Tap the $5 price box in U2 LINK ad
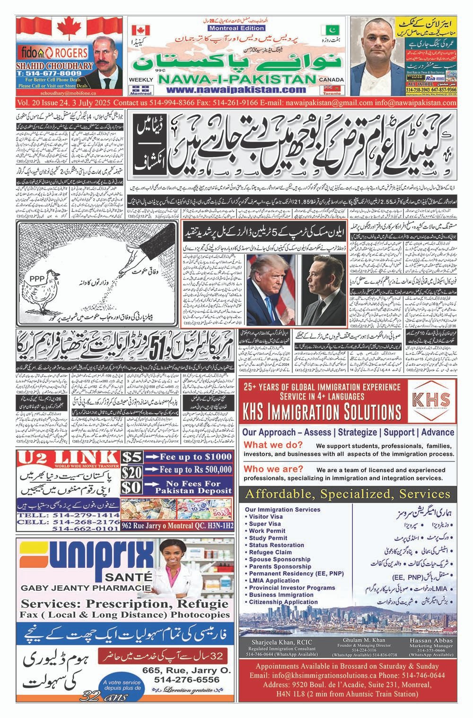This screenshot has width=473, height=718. point(131,457)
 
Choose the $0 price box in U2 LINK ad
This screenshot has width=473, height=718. point(131,488)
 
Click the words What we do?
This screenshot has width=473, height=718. point(274,445)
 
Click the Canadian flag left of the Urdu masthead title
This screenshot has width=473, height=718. point(138,30)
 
